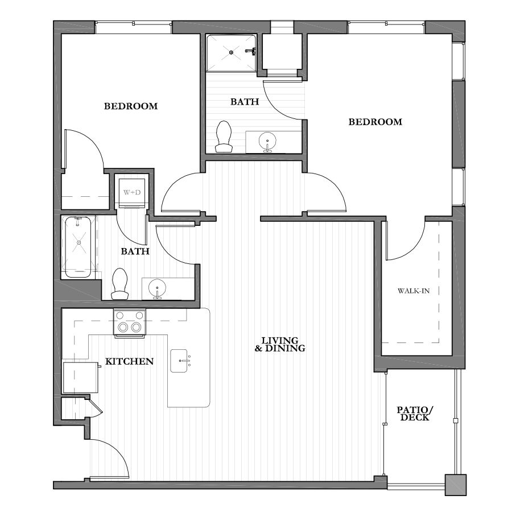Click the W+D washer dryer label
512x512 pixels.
[x=132, y=192]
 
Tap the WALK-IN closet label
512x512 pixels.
[x=414, y=291]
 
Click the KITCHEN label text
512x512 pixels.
[x=129, y=361]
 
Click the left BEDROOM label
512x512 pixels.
[x=130, y=106]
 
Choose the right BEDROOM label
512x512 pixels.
[x=375, y=122]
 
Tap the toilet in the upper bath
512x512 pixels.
[x=224, y=137]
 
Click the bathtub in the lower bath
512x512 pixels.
[x=78, y=246]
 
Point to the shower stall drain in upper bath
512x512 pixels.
[x=232, y=52]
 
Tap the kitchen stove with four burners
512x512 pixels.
[x=130, y=323]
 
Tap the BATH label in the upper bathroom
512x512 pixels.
[x=245, y=102]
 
